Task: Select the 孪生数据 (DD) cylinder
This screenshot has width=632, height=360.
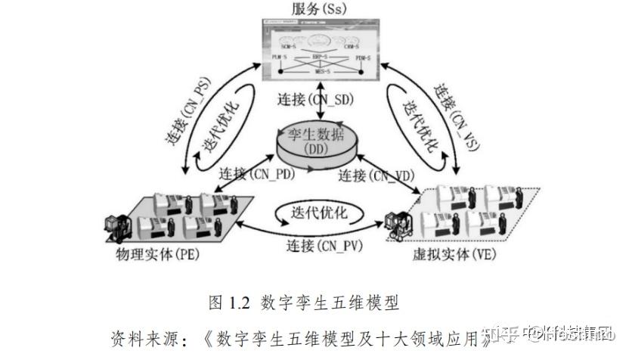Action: pyautogui.click(x=317, y=143)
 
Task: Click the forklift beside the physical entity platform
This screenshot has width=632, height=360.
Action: pyautogui.click(x=117, y=225)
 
